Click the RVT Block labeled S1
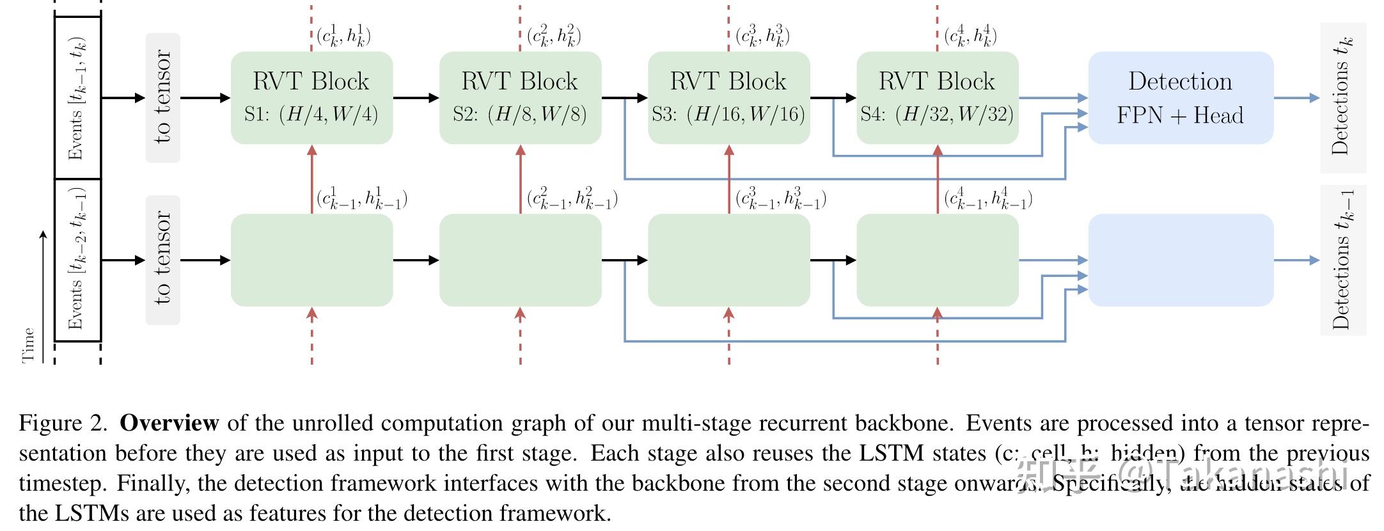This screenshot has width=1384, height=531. pos(311,97)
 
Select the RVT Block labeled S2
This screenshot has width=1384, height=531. pos(520,97)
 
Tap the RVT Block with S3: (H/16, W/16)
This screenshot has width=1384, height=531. pos(728,97)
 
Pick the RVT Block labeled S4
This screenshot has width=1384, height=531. pos(937,97)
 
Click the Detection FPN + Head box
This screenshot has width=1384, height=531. pos(1180,97)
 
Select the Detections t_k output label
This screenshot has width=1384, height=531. pos(1342,97)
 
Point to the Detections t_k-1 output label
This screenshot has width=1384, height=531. pos(1342,260)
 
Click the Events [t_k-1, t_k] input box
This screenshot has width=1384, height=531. pos(77,97)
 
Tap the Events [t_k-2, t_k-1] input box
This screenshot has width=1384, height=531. pos(77,260)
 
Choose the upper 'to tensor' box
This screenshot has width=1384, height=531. pos(162,97)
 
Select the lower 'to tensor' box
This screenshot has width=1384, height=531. pos(162,260)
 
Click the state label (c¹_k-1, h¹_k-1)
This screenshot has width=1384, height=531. pos(362,199)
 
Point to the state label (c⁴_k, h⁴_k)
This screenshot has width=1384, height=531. pos(970,36)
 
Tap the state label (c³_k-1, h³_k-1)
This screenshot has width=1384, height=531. pos(780,199)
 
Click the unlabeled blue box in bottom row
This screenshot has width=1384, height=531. pos(1180,260)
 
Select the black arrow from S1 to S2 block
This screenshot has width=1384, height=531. pos(416,98)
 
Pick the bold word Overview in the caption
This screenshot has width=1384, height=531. pos(169,423)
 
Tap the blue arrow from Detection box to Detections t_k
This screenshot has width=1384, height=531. pos(1296,98)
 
